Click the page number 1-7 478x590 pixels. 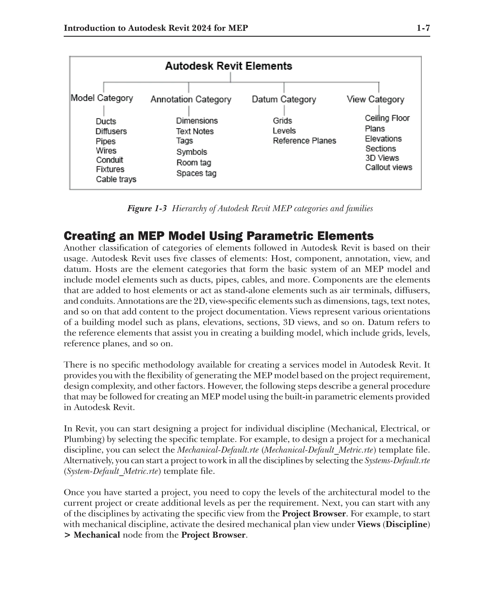pyautogui.click(x=423, y=28)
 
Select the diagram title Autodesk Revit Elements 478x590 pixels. pyautogui.click(x=228, y=66)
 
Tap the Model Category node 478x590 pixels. pyautogui.click(x=102, y=98)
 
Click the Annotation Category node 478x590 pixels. pyautogui.click(x=191, y=99)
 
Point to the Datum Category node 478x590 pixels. pyautogui.click(x=284, y=99)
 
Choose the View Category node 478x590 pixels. pyautogui.click(x=375, y=99)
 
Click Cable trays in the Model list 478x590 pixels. pyautogui.click(x=116, y=179)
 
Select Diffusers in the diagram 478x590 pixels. pyautogui.click(x=111, y=131)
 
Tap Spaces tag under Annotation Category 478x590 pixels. pyautogui.click(x=196, y=173)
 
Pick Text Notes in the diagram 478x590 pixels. pyautogui.click(x=195, y=131)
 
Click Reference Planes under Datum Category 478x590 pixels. pyautogui.click(x=304, y=141)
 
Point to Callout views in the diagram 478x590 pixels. pyautogui.click(x=389, y=167)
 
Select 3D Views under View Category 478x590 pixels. pyautogui.click(x=382, y=158)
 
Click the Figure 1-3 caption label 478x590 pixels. pyautogui.click(x=147, y=209)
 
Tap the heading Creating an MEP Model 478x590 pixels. pyautogui.click(x=218, y=236)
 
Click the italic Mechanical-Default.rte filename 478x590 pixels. pyautogui.click(x=218, y=450)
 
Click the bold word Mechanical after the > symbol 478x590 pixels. pyautogui.click(x=97, y=535)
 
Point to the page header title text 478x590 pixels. pyautogui.click(x=156, y=28)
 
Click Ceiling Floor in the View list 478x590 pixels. pyautogui.click(x=387, y=118)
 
